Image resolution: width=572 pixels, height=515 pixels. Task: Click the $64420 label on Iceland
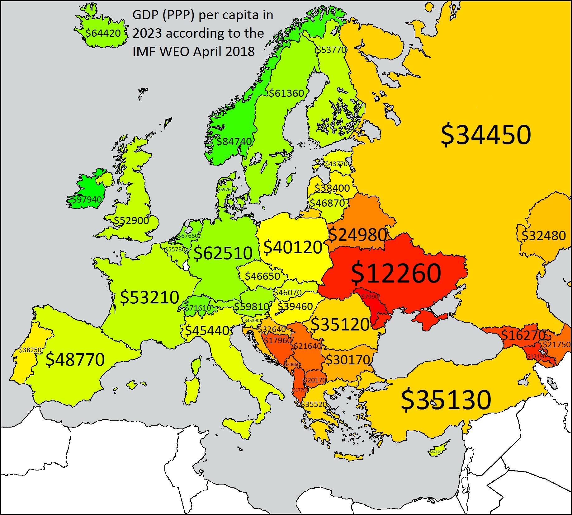click(x=103, y=33)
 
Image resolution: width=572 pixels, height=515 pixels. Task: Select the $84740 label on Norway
click(x=234, y=142)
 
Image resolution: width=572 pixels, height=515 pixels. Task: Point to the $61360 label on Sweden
click(x=286, y=93)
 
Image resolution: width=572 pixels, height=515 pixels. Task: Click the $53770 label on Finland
click(x=331, y=50)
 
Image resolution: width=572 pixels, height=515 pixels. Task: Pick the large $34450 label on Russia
click(x=485, y=136)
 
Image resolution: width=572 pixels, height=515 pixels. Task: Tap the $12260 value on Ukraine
click(x=396, y=273)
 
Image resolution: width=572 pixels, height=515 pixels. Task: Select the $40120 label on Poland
click(x=293, y=247)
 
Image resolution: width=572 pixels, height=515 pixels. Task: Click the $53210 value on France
click(x=149, y=297)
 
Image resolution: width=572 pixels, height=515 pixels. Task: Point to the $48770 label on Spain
click(x=75, y=360)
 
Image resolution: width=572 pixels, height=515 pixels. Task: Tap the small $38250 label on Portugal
click(x=30, y=350)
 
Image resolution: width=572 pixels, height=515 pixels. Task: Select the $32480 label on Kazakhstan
click(x=543, y=236)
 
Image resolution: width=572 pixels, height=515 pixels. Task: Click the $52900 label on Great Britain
click(x=131, y=221)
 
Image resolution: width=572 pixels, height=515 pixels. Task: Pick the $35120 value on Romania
click(x=340, y=324)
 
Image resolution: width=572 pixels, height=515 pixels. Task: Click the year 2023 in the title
click(x=147, y=33)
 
